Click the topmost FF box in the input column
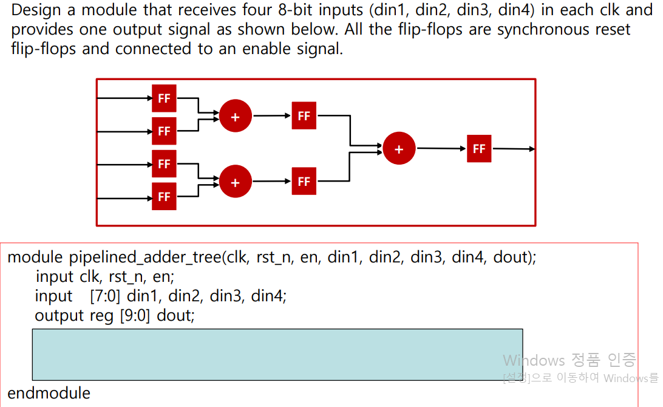164,98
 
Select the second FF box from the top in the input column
164,131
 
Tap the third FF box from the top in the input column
164,163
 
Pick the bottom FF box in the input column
164,196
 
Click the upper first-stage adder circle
236,117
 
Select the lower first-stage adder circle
236,182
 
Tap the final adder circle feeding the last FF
399,149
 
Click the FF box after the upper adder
304,116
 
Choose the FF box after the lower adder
304,181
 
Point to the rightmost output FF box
479,149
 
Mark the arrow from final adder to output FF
441,148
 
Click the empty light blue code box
277,354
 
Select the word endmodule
49,393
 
